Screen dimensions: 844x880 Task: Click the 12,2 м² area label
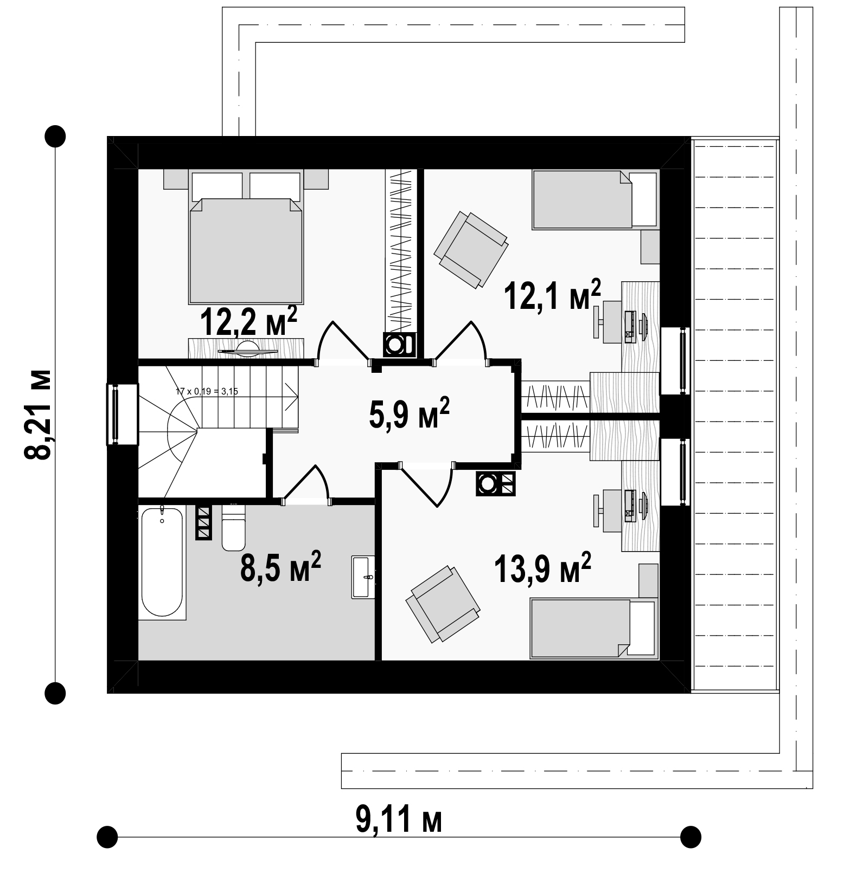click(248, 321)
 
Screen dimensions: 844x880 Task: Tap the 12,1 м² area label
click(553, 295)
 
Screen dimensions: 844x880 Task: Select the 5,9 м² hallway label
click(410, 412)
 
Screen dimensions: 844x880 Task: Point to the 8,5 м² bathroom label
click(280, 566)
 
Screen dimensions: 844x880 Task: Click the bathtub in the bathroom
click(162, 561)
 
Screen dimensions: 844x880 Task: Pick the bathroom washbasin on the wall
click(363, 577)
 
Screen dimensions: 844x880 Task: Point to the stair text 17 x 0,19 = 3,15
click(207, 391)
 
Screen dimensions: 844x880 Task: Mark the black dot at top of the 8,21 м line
click(55, 136)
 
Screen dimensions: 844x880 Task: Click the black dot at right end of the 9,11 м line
click(690, 837)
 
